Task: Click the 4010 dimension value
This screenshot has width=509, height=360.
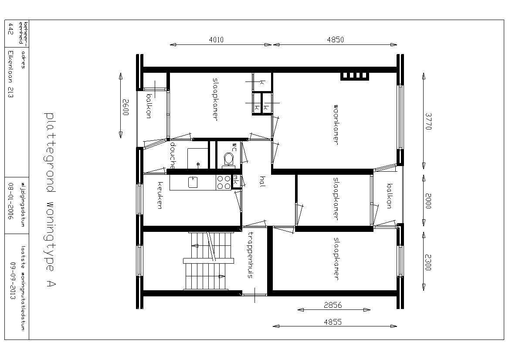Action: tap(216, 40)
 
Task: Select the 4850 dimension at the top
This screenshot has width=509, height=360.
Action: tap(335, 40)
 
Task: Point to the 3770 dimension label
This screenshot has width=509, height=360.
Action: tap(428, 122)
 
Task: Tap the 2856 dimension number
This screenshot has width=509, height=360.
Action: tap(333, 305)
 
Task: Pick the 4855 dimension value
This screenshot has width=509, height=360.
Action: tap(333, 322)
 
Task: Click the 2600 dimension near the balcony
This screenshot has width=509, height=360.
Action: tap(126, 108)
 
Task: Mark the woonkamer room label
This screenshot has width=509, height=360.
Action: tap(336, 124)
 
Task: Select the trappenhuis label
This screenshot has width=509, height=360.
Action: tap(250, 255)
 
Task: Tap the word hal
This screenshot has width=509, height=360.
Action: tap(263, 181)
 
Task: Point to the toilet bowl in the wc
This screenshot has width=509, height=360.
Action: tap(228, 159)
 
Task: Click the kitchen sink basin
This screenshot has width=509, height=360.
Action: tap(193, 182)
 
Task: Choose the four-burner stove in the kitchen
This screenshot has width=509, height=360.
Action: tap(223, 182)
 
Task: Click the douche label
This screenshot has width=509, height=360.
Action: tap(173, 156)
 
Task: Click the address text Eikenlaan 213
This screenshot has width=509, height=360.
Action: tap(10, 74)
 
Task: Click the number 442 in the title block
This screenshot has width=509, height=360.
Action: tap(10, 29)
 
